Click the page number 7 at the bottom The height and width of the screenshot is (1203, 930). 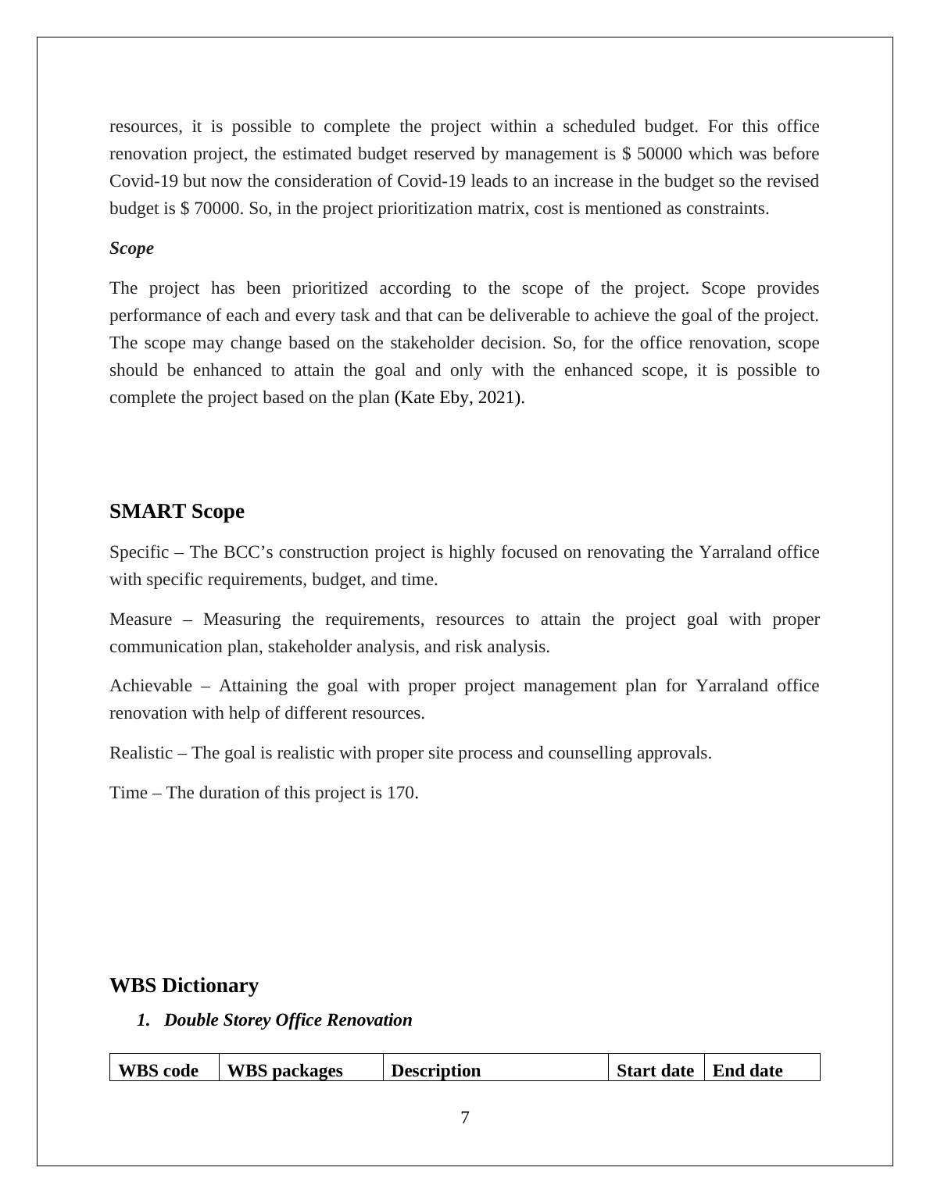(465, 1118)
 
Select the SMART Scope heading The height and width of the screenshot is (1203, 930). (177, 512)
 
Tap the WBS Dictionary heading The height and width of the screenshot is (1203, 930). (184, 986)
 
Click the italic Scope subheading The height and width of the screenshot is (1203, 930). (131, 248)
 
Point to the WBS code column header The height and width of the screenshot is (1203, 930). (158, 1070)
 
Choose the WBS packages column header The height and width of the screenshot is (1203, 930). (284, 1070)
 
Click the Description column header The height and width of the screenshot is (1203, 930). (435, 1070)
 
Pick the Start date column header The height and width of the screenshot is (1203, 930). (655, 1070)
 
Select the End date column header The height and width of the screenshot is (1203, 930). (747, 1070)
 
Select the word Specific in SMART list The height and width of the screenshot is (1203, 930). (138, 552)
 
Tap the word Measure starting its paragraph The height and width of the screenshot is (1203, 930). (140, 619)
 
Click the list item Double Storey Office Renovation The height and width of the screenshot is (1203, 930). (288, 1020)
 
